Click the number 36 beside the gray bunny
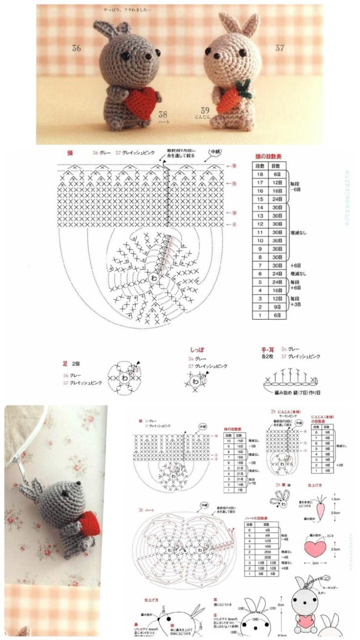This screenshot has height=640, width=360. pyautogui.click(x=76, y=48)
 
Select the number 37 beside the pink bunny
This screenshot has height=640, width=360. pyautogui.click(x=279, y=48)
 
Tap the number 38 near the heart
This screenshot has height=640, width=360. pyautogui.click(x=163, y=114)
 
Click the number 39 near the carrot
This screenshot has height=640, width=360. pyautogui.click(x=205, y=110)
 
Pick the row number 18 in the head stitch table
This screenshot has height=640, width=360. pyautogui.click(x=260, y=173)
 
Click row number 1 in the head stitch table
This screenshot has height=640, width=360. pyautogui.click(x=260, y=315)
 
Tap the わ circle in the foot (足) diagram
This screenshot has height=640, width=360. pyautogui.click(x=124, y=378)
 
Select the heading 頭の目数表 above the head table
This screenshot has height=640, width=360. pyautogui.click(x=268, y=156)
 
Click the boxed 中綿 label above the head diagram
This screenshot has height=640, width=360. pyautogui.click(x=215, y=152)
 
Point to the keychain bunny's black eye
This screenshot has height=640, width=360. pyautogui.click(x=66, y=492)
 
